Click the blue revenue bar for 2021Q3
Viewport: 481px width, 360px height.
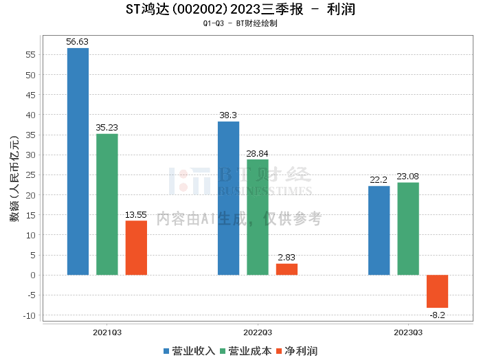78,161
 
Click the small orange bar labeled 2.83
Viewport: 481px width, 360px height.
287,269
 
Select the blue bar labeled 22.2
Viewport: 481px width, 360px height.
379,230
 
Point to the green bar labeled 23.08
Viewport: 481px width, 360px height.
408,229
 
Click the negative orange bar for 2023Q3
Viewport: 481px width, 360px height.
437,291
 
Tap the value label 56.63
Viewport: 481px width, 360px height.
78,42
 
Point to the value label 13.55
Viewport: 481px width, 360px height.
136,215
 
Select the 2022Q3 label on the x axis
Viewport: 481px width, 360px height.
258,332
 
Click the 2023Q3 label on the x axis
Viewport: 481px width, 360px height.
408,332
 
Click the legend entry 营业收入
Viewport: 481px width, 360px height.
189,350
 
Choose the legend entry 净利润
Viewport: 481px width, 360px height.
297,350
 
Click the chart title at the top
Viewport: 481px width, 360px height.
240,10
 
